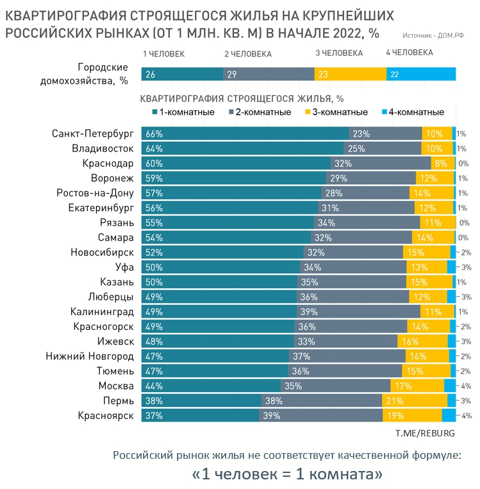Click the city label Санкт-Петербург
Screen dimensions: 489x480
92,133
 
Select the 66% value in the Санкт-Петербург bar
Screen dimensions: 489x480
154,134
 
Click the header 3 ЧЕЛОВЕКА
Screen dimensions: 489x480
339,54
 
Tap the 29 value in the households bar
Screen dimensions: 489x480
232,74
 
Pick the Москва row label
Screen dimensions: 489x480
115,386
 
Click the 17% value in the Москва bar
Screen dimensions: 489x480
404,386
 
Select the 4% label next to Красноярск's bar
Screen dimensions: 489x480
466,415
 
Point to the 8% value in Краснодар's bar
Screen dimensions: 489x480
440,163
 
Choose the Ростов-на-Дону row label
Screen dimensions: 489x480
95,193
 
